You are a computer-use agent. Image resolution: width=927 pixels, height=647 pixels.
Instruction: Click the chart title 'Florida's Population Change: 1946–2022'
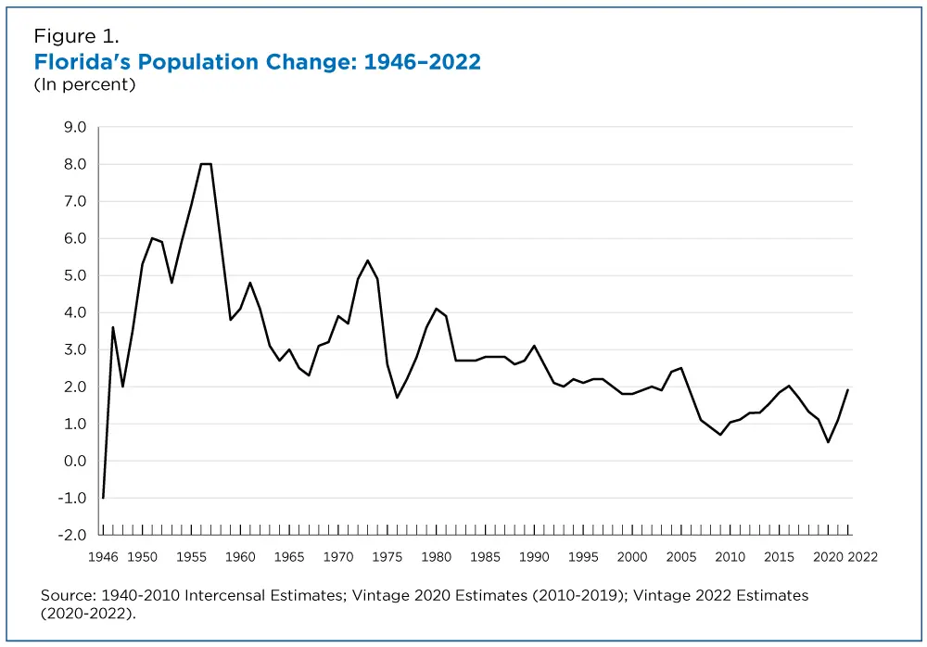pos(258,62)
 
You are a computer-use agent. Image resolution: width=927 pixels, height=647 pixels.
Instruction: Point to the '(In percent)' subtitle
pos(84,85)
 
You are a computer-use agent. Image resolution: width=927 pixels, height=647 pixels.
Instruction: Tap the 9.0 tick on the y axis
pos(75,127)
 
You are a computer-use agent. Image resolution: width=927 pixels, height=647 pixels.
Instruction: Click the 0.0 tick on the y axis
pos(75,461)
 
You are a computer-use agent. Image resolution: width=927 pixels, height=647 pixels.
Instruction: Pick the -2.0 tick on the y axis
pos(73,535)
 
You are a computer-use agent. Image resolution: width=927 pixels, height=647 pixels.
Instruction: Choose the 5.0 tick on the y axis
pos(75,275)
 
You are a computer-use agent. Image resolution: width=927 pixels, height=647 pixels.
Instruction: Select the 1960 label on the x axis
pos(240,556)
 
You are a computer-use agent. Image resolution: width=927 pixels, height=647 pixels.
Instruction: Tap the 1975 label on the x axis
pos(387,556)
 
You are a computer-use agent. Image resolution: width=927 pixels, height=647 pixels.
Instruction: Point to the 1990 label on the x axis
pos(534,556)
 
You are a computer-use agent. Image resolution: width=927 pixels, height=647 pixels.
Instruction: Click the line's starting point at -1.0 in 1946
pos(103,498)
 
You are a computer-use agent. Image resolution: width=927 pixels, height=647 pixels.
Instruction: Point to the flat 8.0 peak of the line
pos(206,164)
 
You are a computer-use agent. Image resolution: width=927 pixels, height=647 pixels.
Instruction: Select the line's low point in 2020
pos(828,442)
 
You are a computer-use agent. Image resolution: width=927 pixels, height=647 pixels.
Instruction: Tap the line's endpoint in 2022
pos(847,390)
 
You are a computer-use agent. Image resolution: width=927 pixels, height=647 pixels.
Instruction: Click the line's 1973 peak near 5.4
pos(367,260)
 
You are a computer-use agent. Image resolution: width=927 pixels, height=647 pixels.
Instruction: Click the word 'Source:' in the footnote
pos(68,595)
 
